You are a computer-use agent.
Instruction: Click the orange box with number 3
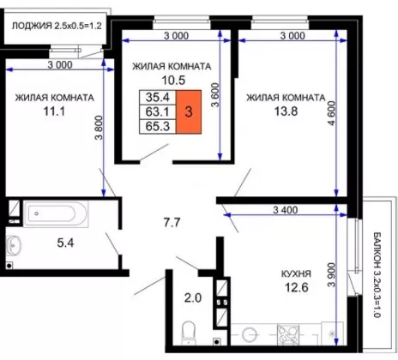tap(189, 111)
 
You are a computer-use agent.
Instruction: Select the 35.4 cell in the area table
tap(158, 98)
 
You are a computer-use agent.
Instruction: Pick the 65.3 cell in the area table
tap(158, 126)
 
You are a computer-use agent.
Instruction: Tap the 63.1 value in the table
tap(158, 111)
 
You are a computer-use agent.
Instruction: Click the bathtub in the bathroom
tap(56, 213)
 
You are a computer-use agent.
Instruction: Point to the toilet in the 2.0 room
tap(188, 333)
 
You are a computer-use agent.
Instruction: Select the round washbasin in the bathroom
tap(13, 245)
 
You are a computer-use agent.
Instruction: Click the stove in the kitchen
tap(288, 333)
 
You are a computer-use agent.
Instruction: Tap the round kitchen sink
tap(250, 334)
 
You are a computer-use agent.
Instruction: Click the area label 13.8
tap(286, 111)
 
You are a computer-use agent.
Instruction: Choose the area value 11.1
tap(54, 111)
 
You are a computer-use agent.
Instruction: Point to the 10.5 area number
tap(173, 81)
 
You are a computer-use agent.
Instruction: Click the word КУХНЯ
tap(296, 273)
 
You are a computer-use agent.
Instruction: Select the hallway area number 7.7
tap(172, 223)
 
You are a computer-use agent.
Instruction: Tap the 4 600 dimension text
tap(331, 113)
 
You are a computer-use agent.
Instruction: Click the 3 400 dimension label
tap(285, 210)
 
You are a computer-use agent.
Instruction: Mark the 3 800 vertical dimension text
tap(99, 128)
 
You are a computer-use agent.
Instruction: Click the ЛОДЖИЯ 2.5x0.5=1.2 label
tap(57, 26)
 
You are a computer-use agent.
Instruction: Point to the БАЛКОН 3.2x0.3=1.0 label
tap(377, 275)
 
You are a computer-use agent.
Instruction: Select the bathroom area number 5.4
tap(65, 243)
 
